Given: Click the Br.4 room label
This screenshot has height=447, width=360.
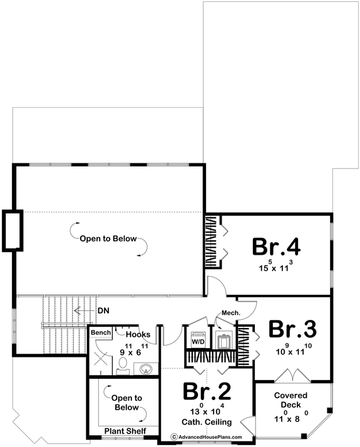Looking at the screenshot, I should click(276, 246).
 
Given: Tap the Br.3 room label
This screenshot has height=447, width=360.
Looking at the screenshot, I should click(292, 329).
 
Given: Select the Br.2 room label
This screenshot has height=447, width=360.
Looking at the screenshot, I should click(207, 391).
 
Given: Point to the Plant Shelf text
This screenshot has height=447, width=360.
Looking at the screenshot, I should click(125, 431).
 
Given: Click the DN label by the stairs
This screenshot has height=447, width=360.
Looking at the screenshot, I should click(103, 310).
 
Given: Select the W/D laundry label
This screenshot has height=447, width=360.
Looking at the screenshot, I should click(198, 342).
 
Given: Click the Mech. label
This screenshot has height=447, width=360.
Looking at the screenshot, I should click(227, 313).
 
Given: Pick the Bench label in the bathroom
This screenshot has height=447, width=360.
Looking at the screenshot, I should click(100, 332).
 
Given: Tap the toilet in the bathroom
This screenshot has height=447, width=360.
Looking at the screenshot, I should click(123, 364).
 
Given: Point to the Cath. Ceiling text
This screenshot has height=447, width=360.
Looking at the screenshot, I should click(208, 423).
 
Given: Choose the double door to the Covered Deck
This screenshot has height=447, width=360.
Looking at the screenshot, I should click(292, 376).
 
